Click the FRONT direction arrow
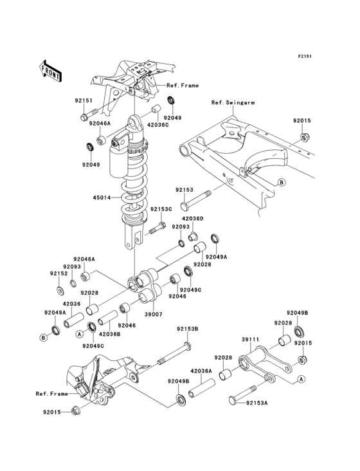pos(50,71)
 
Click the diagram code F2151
pos(305,56)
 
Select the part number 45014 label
pos(102,198)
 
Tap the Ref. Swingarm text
pos(233,103)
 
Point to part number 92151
pos(84,100)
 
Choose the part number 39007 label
pos(153,314)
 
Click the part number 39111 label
pos(251,340)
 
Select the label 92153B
pos(188,329)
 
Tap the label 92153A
pos(256,403)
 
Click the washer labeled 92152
pos(59,290)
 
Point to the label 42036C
pos(157,124)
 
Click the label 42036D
pos(193,219)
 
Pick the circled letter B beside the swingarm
pos(281,182)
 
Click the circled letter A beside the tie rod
pos(301,379)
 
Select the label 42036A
pos(201,371)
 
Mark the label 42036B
pos(109,333)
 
